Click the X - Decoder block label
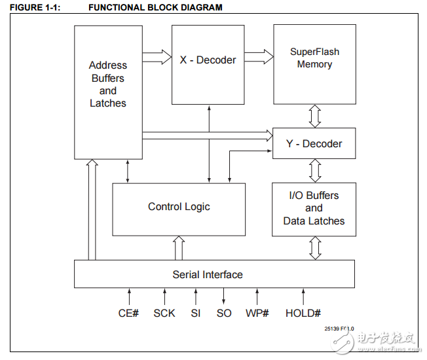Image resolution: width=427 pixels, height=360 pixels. point(208,60)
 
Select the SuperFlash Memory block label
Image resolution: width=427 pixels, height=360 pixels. point(314,58)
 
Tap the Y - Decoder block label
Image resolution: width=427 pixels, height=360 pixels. point(314,143)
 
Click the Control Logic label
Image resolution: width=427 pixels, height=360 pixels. point(179,207)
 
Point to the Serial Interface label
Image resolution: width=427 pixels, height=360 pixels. point(208,275)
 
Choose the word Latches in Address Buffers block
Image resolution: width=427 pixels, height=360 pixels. point(108,103)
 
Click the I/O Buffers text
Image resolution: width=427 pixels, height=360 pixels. point(314,196)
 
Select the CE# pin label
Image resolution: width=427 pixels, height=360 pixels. point(128,314)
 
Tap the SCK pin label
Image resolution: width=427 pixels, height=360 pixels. point(164,314)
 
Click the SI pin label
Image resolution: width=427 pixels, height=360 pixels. point(195,314)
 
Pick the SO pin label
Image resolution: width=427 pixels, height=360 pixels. point(224,314)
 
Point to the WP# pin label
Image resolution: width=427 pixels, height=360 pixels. point(257,314)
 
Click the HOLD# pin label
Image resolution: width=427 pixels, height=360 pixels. point(303,314)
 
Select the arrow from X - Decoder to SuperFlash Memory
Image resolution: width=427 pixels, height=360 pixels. point(259,58)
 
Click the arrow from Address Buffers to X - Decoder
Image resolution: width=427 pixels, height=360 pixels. point(157,58)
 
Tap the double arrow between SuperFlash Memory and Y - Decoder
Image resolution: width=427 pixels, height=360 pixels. point(315,116)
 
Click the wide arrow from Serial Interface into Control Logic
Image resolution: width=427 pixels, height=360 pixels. point(179,248)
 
